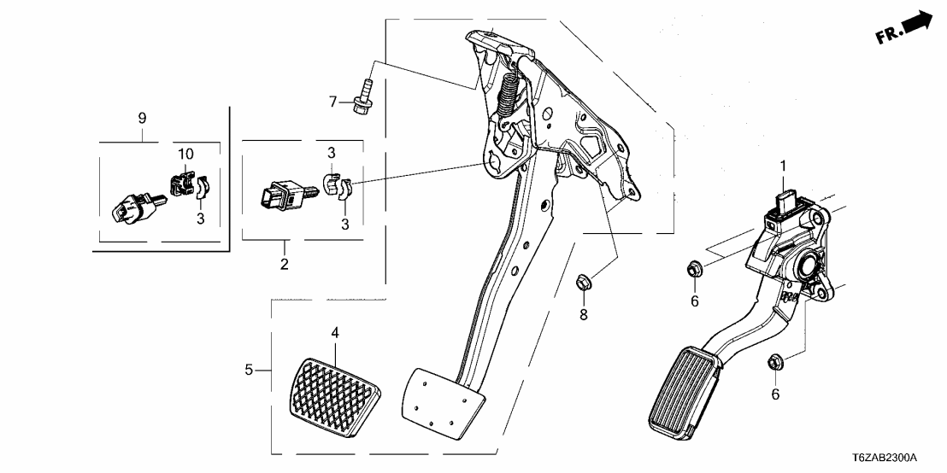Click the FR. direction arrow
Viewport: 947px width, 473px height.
(x=909, y=28)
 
